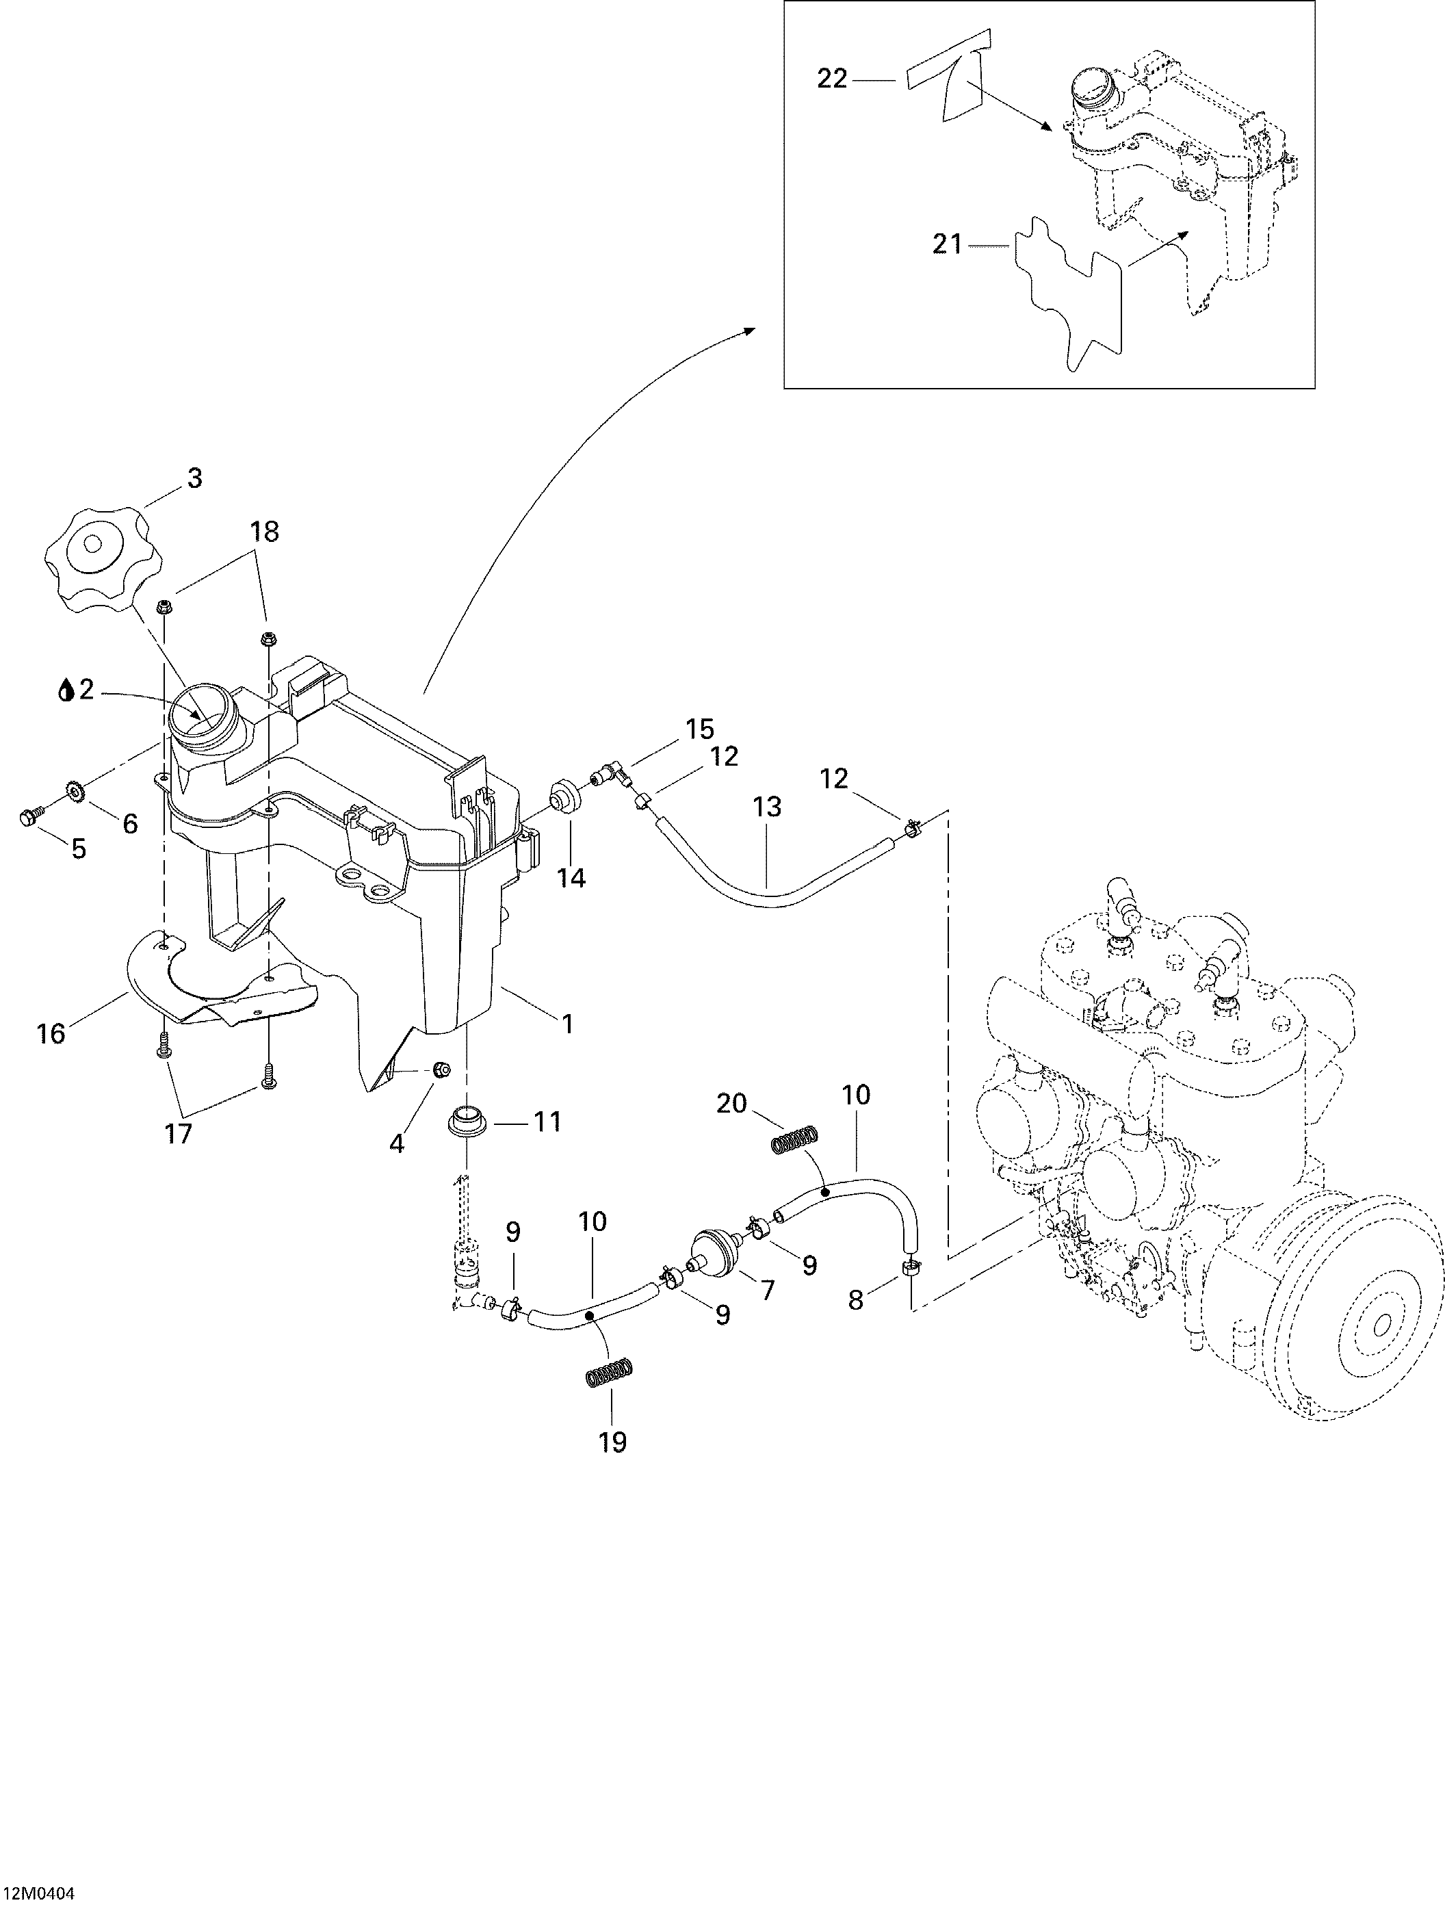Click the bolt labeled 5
(x=27, y=817)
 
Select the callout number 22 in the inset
(x=832, y=80)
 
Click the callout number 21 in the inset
(x=948, y=246)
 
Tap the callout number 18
(x=264, y=532)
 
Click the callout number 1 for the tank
(x=567, y=1023)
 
